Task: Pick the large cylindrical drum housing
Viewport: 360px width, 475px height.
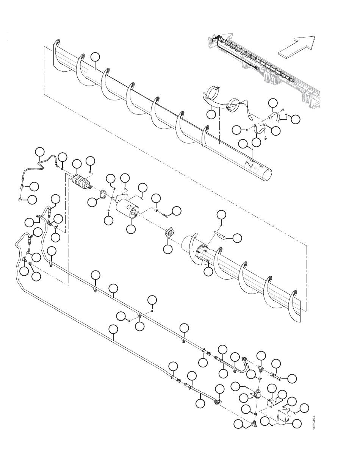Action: tap(127, 209)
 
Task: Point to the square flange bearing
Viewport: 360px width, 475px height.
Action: tap(170, 233)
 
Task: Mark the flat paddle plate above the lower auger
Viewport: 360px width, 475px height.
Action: tap(219, 235)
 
